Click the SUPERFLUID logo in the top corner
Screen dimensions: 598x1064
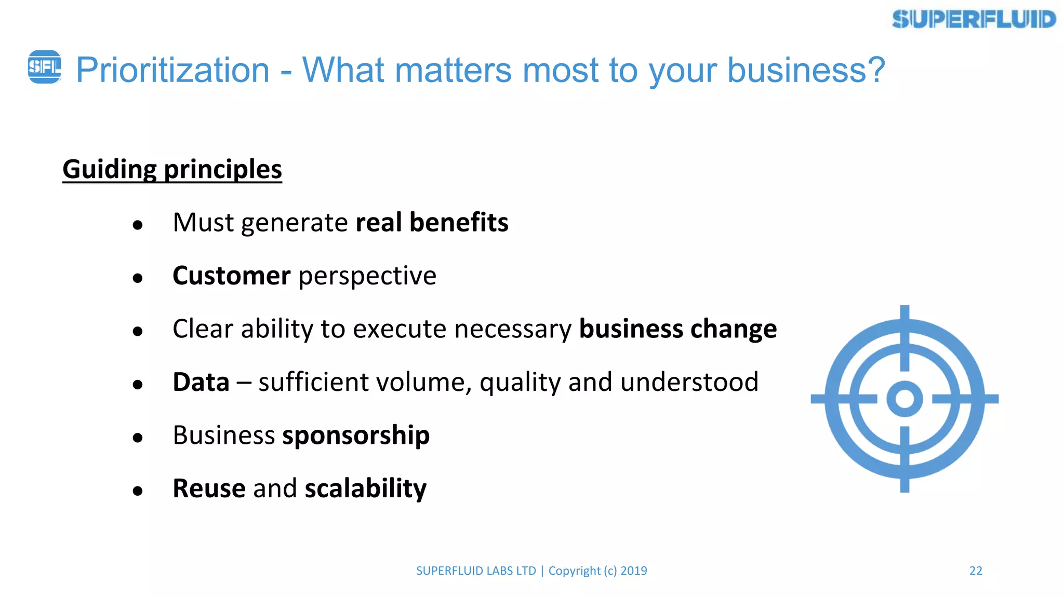[974, 20]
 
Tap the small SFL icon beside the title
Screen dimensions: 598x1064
[44, 67]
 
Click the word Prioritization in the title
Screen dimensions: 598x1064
[172, 70]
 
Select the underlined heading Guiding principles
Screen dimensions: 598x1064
[172, 169]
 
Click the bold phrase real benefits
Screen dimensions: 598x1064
[432, 223]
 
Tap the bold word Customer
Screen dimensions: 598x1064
[231, 276]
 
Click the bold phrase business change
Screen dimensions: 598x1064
[677, 329]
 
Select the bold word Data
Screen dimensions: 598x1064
[201, 382]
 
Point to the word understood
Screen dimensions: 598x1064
[689, 382]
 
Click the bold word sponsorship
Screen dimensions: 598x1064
[356, 436]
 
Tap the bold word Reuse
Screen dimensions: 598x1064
[209, 488]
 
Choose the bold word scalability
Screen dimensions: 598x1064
[365, 488]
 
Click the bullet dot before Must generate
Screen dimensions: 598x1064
[138, 225]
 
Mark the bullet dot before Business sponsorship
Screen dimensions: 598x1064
[138, 438]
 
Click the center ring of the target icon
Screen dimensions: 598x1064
[905, 399]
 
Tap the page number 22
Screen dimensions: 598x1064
[976, 571]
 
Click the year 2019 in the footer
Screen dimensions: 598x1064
[633, 571]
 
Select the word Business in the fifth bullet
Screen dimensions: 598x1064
[223, 436]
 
